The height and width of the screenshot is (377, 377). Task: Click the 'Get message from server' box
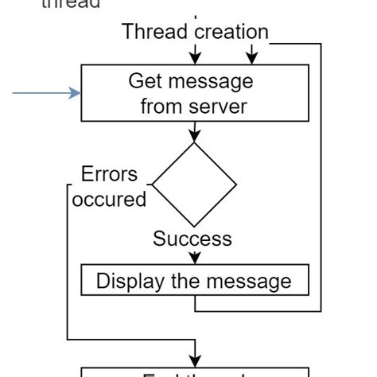click(x=195, y=93)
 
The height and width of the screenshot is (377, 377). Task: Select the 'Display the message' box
click(x=195, y=281)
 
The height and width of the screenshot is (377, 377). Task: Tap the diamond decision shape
click(x=194, y=185)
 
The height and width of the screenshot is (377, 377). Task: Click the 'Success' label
click(x=192, y=239)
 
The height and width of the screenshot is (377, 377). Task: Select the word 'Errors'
click(x=109, y=174)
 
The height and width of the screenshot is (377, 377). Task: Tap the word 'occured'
click(x=109, y=200)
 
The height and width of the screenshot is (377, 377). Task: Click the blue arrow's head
click(x=76, y=93)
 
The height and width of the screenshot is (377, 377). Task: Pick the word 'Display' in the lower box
click(x=126, y=281)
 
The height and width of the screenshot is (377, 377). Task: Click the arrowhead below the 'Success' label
click(x=195, y=258)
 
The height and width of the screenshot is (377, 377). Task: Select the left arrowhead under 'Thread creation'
click(x=195, y=57)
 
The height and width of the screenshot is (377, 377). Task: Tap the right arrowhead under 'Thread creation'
click(x=252, y=57)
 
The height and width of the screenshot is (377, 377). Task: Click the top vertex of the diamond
click(x=194, y=144)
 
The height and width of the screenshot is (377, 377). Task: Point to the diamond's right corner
click(x=236, y=185)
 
